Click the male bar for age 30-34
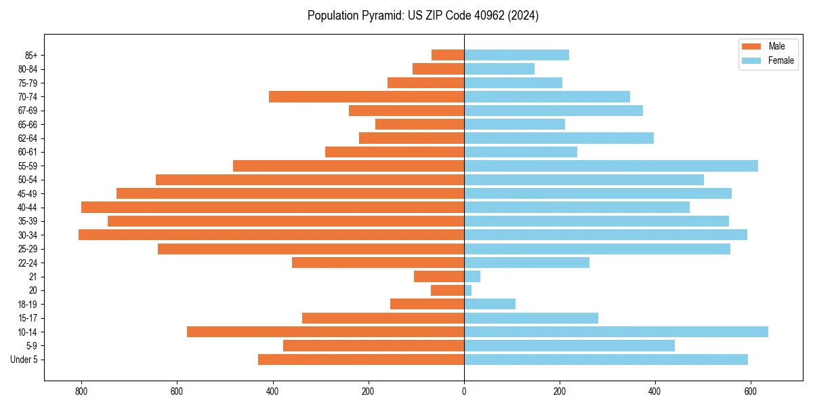(271, 235)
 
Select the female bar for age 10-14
(616, 332)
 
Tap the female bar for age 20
(468, 290)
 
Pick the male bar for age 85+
(448, 55)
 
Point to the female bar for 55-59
(610, 166)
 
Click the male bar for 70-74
(367, 96)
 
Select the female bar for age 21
(472, 276)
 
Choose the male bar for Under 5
(361, 360)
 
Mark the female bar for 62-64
(559, 138)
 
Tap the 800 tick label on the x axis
(81, 391)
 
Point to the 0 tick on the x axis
(464, 391)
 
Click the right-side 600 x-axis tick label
(750, 391)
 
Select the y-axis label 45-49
(28, 193)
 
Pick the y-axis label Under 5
(24, 360)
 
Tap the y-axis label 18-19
(28, 304)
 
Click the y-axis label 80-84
(28, 69)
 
